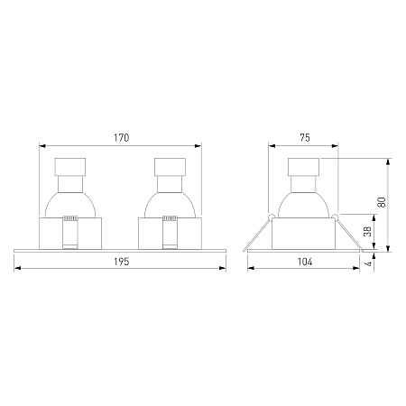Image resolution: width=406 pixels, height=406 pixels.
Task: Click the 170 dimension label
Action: tap(121, 138)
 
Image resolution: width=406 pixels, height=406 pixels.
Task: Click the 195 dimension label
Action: tap(121, 262)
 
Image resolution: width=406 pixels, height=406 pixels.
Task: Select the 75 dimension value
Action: tap(305, 138)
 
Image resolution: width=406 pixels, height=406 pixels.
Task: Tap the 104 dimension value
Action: tap(305, 262)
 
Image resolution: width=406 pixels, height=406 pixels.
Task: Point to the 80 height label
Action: tap(382, 202)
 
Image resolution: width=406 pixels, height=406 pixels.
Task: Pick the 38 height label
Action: tap(368, 231)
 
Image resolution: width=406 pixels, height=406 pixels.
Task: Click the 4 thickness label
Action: tap(368, 263)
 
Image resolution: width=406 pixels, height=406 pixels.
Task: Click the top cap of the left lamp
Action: tap(70, 167)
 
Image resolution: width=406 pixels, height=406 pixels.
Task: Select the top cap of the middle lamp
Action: tap(170, 167)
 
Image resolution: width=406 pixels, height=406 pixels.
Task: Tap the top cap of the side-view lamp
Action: tap(303, 167)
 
